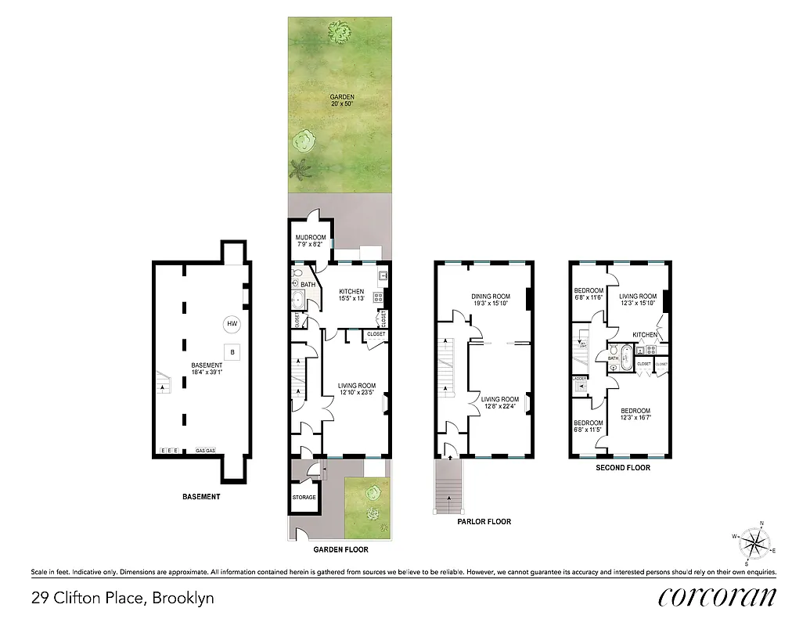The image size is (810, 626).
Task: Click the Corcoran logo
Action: click(x=717, y=596)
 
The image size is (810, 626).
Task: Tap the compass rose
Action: click(x=754, y=541)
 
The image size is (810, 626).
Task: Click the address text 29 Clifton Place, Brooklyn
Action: click(x=123, y=599)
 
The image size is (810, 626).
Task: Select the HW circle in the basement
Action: click(x=232, y=324)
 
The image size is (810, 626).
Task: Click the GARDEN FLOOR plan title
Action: click(x=340, y=550)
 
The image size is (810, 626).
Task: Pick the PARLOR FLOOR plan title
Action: click(x=484, y=522)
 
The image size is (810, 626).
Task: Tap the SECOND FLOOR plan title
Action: click(x=623, y=468)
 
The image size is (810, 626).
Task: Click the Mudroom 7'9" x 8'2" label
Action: click(x=311, y=241)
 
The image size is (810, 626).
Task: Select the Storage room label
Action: click(x=304, y=498)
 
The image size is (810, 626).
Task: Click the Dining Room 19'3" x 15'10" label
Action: click(x=491, y=300)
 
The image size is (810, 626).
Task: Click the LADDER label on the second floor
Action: click(x=580, y=379)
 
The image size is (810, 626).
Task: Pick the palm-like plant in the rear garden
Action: click(x=298, y=168)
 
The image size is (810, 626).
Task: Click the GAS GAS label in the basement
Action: click(x=207, y=451)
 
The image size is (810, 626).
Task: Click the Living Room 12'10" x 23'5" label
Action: click(x=357, y=389)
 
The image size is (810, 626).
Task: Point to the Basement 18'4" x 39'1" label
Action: click(x=207, y=369)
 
